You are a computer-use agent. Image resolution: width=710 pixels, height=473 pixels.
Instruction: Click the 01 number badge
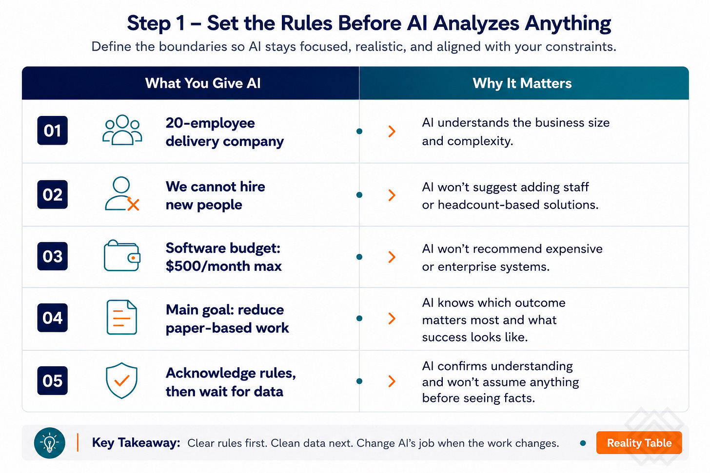click(52, 131)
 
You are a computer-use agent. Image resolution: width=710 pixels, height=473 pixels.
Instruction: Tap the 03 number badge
click(52, 256)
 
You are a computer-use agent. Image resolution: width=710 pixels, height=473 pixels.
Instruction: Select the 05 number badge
click(52, 380)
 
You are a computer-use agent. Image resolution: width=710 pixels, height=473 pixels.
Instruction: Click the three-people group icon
click(122, 130)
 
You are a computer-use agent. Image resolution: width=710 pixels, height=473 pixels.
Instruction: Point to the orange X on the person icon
click(133, 204)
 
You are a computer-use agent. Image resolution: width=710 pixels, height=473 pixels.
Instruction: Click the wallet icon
click(122, 255)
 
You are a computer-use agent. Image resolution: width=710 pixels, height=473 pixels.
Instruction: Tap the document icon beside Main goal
click(122, 317)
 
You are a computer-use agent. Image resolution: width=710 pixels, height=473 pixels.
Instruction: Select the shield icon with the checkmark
click(121, 380)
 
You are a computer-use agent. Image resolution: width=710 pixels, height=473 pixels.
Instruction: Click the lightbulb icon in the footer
click(49, 443)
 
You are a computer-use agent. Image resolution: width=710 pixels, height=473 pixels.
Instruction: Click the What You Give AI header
click(203, 83)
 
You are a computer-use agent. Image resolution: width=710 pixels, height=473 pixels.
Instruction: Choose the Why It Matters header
click(522, 83)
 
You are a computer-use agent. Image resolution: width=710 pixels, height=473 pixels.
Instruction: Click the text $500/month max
click(223, 266)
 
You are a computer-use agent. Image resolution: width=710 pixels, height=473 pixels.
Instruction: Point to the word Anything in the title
click(568, 23)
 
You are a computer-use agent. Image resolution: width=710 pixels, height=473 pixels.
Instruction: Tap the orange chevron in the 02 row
click(392, 195)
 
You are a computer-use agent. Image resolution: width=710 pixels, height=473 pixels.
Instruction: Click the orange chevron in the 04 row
click(392, 319)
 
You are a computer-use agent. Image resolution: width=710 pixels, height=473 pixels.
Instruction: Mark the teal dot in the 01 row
click(359, 131)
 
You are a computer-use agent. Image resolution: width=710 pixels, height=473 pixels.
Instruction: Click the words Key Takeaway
click(136, 443)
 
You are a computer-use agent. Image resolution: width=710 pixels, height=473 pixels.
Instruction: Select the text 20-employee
click(210, 123)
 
